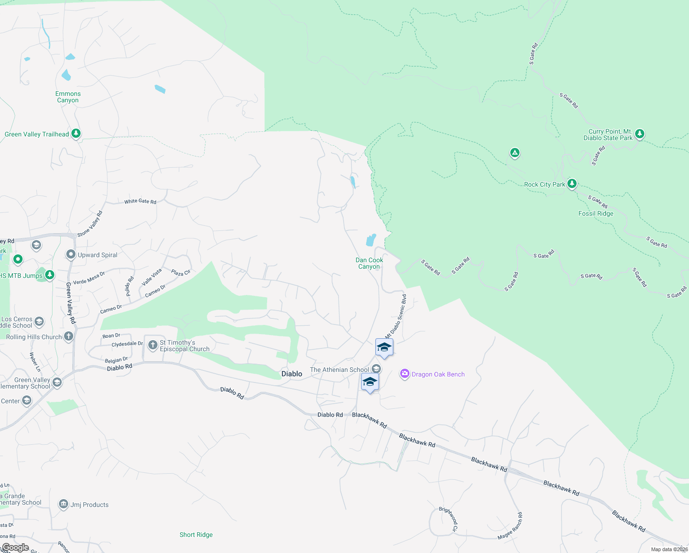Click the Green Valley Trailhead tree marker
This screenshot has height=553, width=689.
coord(76,134)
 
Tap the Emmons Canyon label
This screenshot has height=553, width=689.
coord(68,97)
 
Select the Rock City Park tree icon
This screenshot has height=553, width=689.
coord(572,184)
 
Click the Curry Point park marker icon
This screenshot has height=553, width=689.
coord(639,134)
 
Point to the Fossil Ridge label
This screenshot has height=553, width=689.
coord(596,213)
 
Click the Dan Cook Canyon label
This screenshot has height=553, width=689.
coord(369,263)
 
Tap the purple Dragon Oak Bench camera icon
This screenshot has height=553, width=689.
coord(405,374)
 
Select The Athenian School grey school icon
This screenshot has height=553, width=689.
coord(376,369)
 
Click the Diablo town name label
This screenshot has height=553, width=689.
coord(292,374)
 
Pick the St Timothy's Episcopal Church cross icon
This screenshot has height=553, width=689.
coord(153,345)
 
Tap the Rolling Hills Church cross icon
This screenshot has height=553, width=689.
coord(69,336)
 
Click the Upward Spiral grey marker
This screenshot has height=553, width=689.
coord(70,254)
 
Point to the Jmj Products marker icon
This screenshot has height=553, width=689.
coord(64,504)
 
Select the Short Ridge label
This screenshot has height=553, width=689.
coord(196,535)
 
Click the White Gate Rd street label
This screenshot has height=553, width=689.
coord(140,201)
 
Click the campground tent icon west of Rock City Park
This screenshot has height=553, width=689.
coord(515,153)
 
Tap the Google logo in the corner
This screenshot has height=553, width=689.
coord(15,547)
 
